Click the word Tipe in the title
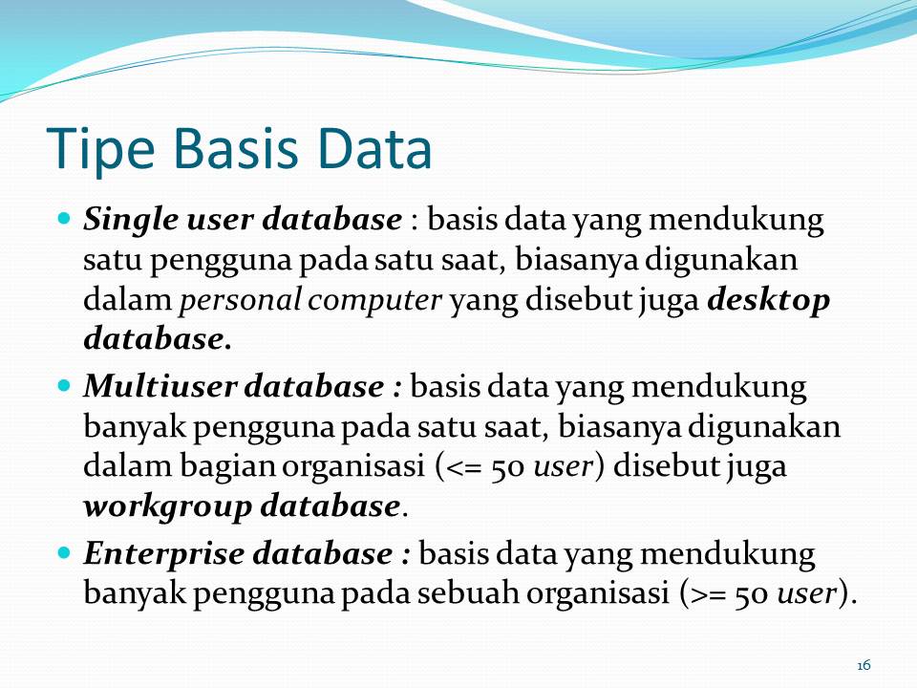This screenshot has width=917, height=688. [x=99, y=149]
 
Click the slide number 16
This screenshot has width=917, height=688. [x=864, y=665]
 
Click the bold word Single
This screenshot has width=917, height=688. [x=120, y=221]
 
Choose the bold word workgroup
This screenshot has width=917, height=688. [x=166, y=506]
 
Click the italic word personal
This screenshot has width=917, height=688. [x=241, y=300]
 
